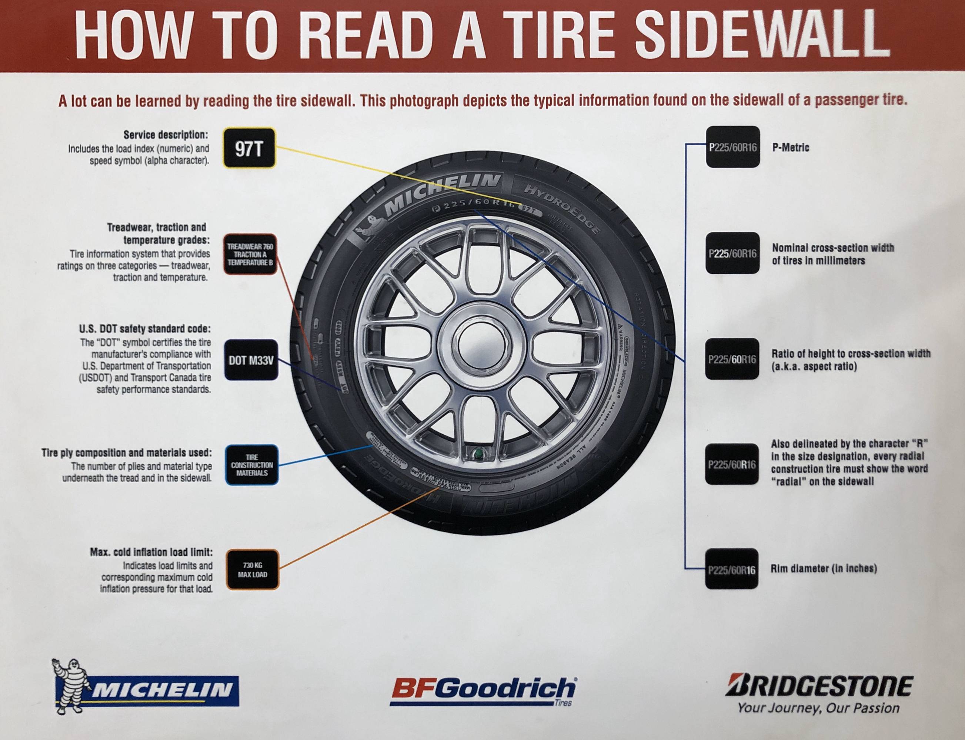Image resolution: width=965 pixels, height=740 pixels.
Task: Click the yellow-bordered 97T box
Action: tap(250, 148)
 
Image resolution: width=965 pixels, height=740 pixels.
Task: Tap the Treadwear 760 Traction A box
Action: tap(250, 254)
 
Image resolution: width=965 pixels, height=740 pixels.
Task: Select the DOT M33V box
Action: tap(251, 361)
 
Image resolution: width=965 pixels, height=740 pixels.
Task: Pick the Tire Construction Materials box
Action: tap(252, 465)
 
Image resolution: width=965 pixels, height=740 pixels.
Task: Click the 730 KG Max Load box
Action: tap(253, 570)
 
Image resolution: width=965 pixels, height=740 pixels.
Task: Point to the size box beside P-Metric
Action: tap(733, 147)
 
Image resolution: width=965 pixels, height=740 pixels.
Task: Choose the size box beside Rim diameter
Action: tap(732, 569)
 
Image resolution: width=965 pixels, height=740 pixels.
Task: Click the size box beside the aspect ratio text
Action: tap(732, 359)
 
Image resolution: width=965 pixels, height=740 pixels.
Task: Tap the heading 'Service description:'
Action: tap(166, 134)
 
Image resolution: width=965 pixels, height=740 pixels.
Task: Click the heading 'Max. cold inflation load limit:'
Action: tap(151, 552)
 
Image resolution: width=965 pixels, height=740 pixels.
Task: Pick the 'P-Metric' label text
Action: tap(791, 148)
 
